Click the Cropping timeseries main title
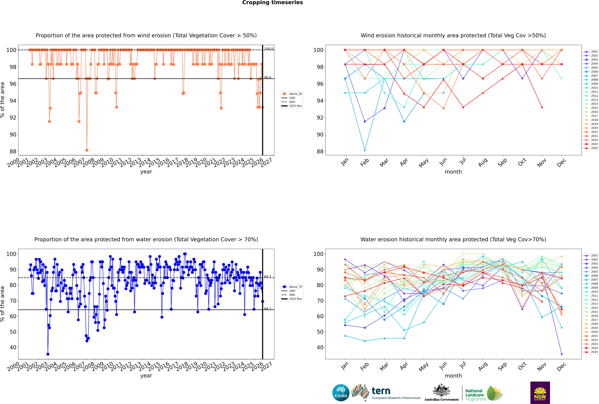[x=272, y=3]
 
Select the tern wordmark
[x=381, y=391]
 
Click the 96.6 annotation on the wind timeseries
[x=268, y=78]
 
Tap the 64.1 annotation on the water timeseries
[x=268, y=309]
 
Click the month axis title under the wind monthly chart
[x=453, y=172]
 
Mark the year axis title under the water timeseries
[x=146, y=376]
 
